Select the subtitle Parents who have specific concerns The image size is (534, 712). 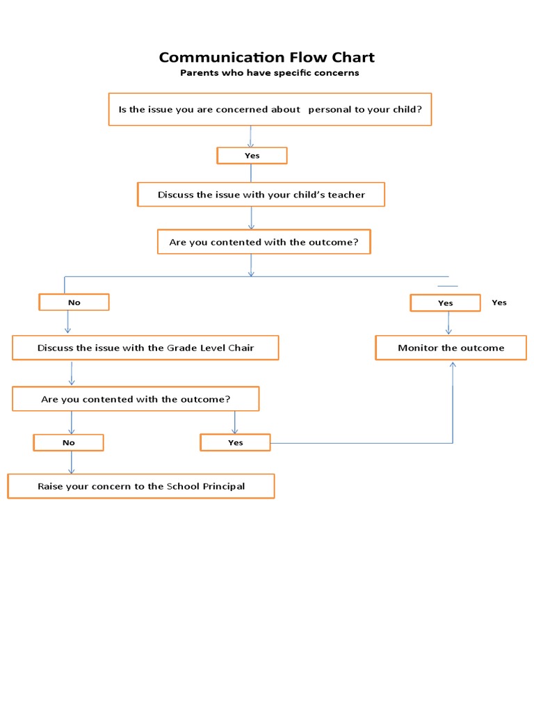point(269,73)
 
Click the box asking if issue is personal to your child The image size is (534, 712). point(270,109)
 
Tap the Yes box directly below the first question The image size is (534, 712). point(252,156)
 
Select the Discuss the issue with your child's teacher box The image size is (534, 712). point(261,195)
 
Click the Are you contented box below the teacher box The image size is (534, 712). point(264,243)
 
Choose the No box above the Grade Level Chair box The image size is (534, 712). point(74,302)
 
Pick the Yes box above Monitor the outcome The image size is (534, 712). point(445,303)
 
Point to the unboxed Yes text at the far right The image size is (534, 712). point(499,302)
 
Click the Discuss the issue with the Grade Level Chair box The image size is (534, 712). point(145,348)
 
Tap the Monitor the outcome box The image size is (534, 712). point(451,348)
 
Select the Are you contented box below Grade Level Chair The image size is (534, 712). point(136,399)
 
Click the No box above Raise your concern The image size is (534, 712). point(69,443)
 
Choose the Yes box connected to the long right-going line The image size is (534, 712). point(235,443)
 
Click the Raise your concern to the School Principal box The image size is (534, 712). point(141,486)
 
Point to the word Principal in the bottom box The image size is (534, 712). point(223,486)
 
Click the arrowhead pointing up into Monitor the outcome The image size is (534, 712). point(453,364)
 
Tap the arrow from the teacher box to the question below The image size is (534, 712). point(251,218)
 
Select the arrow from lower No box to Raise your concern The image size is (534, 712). point(71,463)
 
